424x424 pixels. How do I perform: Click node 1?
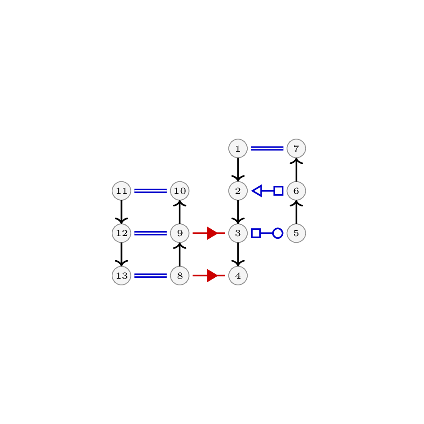pyautogui.click(x=238, y=149)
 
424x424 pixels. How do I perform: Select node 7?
pyautogui.click(x=297, y=149)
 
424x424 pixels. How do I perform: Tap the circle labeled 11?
pyautogui.click(x=122, y=191)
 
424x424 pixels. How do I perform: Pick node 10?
pyautogui.click(x=180, y=191)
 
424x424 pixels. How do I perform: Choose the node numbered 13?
pyautogui.click(x=122, y=275)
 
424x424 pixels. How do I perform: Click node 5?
pyautogui.click(x=297, y=233)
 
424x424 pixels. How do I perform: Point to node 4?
pyautogui.click(x=238, y=275)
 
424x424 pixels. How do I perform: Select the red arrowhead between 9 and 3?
pyautogui.click(x=212, y=233)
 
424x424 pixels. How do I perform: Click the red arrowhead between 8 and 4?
pyautogui.click(x=212, y=275)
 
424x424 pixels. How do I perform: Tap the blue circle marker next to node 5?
pyautogui.click(x=278, y=233)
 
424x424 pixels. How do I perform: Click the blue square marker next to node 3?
pyautogui.click(x=256, y=233)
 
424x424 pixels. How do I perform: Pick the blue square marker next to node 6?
pyautogui.click(x=279, y=191)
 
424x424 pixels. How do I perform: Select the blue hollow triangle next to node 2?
pyautogui.click(x=257, y=191)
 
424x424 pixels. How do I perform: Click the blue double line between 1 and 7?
pyautogui.click(x=267, y=149)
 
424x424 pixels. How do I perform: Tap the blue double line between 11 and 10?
pyautogui.click(x=151, y=191)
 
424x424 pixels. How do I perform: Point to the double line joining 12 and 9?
pyautogui.click(x=151, y=233)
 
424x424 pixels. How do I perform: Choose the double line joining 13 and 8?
pyautogui.click(x=151, y=275)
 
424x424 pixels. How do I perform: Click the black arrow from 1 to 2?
pyautogui.click(x=238, y=170)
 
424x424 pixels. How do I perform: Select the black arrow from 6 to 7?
pyautogui.click(x=297, y=170)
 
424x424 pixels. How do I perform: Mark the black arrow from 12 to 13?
pyautogui.click(x=122, y=254)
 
